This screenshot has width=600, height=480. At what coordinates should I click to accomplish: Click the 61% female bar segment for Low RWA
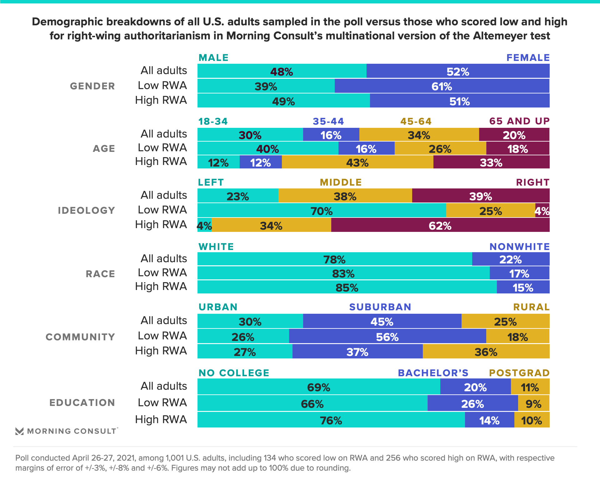(442, 86)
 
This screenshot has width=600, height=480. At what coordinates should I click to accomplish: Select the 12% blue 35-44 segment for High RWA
(261, 162)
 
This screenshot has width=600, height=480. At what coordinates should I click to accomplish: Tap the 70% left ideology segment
(322, 211)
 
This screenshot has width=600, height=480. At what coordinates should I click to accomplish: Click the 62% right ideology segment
(440, 226)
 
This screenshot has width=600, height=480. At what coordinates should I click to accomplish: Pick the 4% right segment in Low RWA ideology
(542, 211)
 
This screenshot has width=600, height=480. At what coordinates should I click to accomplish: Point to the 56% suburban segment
(387, 337)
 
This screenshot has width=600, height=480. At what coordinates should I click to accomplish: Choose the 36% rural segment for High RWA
(486, 352)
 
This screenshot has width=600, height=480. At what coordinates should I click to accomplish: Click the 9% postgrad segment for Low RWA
(533, 404)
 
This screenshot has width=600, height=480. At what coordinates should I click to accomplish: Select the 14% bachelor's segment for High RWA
(489, 420)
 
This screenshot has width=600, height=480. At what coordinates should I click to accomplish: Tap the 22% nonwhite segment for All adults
(511, 259)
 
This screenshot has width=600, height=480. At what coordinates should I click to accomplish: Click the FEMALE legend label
(528, 58)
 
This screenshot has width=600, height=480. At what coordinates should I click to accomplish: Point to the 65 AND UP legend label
(519, 121)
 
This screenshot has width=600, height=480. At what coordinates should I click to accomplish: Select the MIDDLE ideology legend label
(341, 182)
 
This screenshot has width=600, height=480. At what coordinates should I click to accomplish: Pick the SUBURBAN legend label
(380, 307)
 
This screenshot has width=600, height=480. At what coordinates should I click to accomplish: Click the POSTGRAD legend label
(519, 373)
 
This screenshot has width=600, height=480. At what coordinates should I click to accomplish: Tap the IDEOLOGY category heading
(87, 210)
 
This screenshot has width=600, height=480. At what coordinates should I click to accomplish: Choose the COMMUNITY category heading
(80, 337)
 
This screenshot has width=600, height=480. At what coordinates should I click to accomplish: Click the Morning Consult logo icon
(19, 431)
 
